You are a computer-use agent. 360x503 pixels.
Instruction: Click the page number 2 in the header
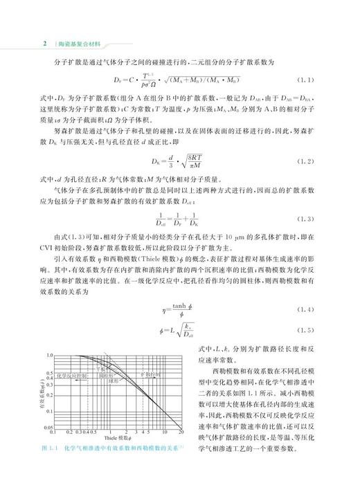pos(44,42)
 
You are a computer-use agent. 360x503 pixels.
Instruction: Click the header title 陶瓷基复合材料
pos(75,43)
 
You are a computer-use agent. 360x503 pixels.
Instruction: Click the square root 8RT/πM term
pos(184,161)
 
